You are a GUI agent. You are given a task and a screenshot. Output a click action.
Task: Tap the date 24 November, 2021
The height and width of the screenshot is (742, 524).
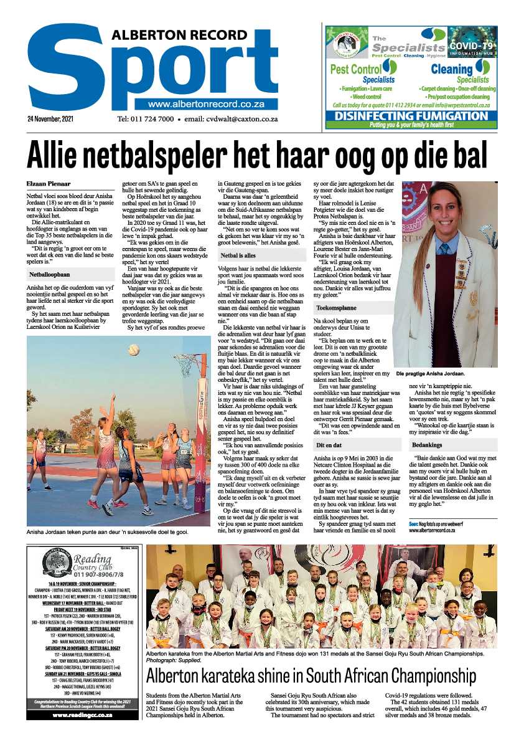[52, 118]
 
